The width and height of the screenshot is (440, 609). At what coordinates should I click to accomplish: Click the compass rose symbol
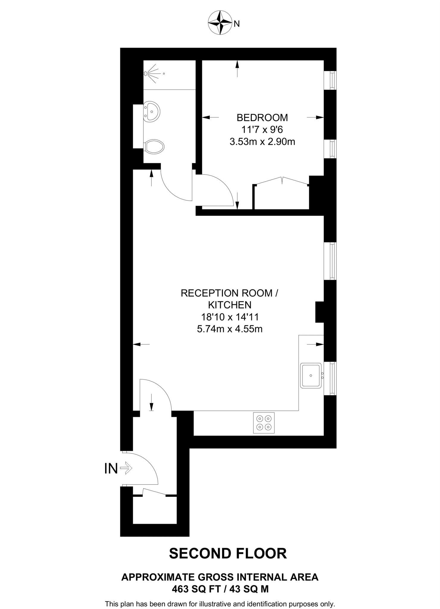pyautogui.click(x=220, y=23)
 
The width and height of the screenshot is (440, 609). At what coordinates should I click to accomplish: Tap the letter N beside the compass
pyautogui.click(x=237, y=24)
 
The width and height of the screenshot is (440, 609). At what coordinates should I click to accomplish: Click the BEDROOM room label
pyautogui.click(x=262, y=118)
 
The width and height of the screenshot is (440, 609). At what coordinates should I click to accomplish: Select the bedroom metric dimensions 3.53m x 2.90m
pyautogui.click(x=262, y=142)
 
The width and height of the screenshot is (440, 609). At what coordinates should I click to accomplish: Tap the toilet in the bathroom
pyautogui.click(x=154, y=146)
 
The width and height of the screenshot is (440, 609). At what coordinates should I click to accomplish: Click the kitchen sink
pyautogui.click(x=311, y=376)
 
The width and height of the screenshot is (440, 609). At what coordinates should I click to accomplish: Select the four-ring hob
pyautogui.click(x=264, y=423)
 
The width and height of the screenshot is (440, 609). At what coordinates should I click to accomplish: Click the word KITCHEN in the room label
pyautogui.click(x=229, y=305)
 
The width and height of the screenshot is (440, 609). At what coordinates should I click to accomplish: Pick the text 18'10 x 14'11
pyautogui.click(x=229, y=317)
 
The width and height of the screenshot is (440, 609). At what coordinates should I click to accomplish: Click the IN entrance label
pyautogui.click(x=111, y=469)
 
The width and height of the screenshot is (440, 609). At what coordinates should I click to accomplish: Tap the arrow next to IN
pyautogui.click(x=126, y=469)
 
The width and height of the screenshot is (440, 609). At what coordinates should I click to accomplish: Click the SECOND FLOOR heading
pyautogui.click(x=228, y=554)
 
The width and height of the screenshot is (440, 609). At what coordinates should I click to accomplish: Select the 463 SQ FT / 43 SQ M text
pyautogui.click(x=220, y=589)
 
